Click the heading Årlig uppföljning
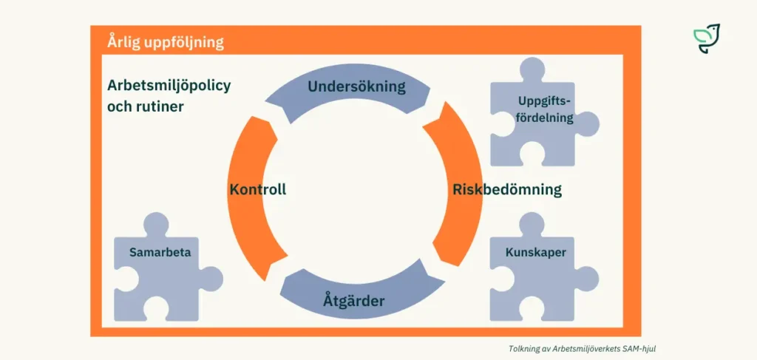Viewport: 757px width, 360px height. coord(165,41)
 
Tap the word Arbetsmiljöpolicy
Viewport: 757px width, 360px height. coord(169,85)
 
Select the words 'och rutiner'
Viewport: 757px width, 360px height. coord(145,106)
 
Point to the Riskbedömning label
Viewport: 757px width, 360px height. coord(506,189)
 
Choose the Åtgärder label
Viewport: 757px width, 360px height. coord(353,301)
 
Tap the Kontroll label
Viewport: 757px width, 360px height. coord(257,189)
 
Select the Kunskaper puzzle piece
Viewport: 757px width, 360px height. coord(535,274)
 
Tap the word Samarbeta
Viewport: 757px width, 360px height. coord(160,252)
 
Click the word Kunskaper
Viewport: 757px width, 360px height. coord(535,253)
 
